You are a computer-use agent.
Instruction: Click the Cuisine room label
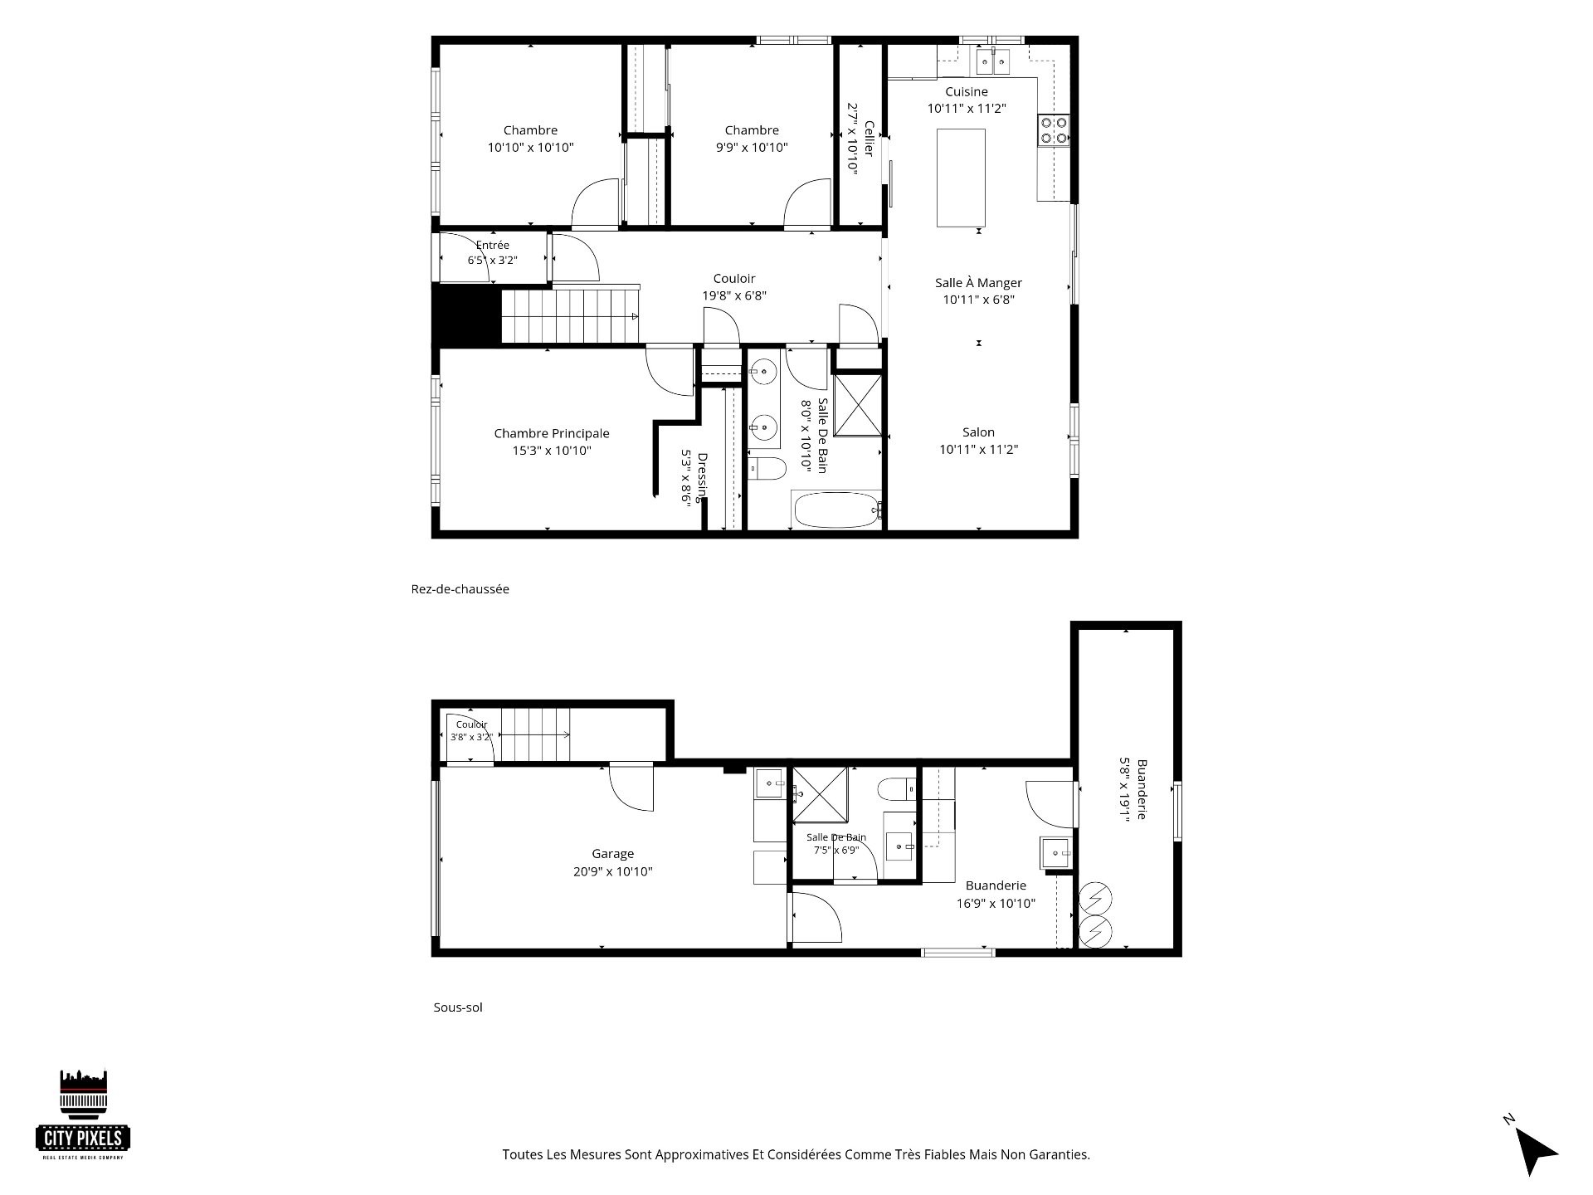tap(967, 91)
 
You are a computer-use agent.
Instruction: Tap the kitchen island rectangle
tap(961, 178)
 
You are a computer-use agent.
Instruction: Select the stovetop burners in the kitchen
tap(1054, 130)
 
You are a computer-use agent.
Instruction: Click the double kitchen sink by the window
tap(992, 60)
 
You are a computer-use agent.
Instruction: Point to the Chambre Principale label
tap(552, 433)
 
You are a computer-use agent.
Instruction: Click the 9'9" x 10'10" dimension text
tap(752, 148)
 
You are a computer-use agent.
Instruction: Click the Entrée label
tap(493, 245)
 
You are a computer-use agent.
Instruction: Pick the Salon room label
tap(979, 432)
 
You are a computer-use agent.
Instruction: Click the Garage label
tap(613, 853)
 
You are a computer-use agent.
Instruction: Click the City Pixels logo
tap(84, 1115)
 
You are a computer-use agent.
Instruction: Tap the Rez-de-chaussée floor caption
tap(460, 588)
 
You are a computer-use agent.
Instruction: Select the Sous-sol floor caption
tap(458, 1007)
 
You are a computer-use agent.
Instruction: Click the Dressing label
tap(702, 477)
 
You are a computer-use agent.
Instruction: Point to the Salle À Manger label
tap(979, 282)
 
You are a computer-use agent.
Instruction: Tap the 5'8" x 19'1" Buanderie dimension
tap(1125, 789)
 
